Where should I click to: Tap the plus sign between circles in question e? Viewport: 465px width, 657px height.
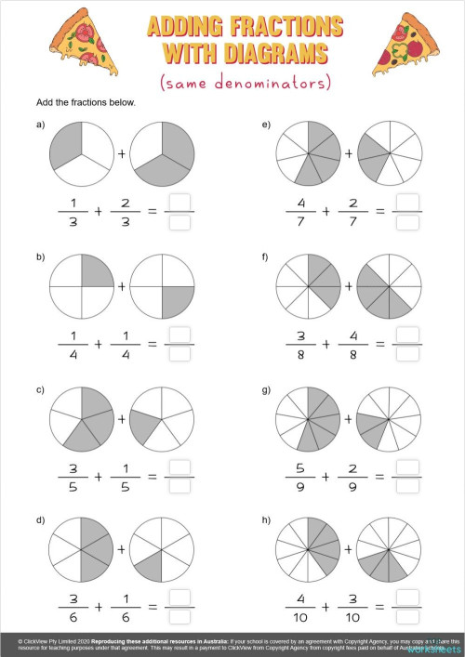(x=349, y=151)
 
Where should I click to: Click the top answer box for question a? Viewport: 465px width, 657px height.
(x=180, y=204)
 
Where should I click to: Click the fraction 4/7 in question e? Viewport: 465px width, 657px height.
(x=301, y=213)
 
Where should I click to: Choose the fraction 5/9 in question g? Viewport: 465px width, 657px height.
(x=301, y=477)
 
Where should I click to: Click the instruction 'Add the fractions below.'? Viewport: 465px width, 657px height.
(x=86, y=101)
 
